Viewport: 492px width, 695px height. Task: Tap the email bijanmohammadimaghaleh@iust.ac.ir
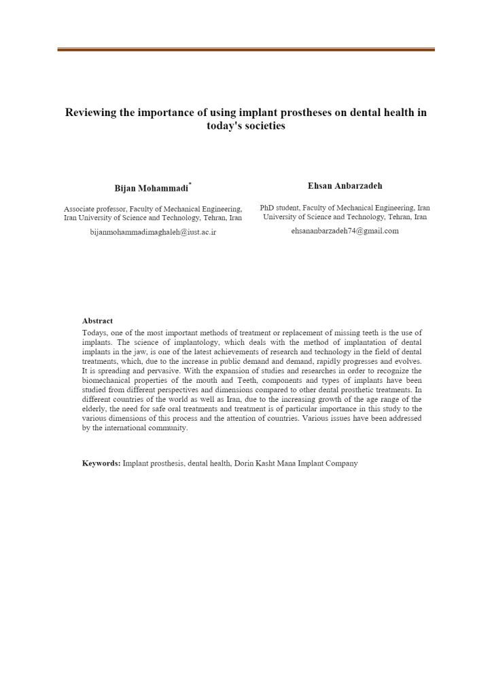click(153, 231)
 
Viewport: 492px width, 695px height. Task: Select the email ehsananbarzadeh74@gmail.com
click(345, 231)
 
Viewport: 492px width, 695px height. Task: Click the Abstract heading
click(97, 320)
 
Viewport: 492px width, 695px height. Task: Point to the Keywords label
click(101, 464)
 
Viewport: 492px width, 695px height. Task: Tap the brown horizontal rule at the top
click(246, 49)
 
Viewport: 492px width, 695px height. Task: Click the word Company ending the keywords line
click(341, 464)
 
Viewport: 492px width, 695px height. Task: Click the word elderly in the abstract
click(96, 409)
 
